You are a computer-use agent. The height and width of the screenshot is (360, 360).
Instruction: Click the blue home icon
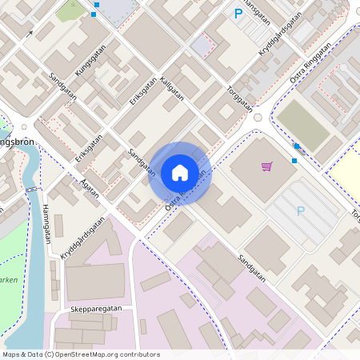coord(180,173)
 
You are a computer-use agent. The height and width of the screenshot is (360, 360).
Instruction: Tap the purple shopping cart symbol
coord(267,166)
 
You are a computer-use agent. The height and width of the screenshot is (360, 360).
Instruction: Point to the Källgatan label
coord(172,88)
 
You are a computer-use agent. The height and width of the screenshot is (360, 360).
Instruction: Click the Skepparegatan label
coord(95,307)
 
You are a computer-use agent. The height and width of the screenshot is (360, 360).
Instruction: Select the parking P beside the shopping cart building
coord(301,211)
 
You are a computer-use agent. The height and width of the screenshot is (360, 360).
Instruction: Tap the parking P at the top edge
coord(238,13)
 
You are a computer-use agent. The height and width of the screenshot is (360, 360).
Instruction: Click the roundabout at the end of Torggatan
coord(258,118)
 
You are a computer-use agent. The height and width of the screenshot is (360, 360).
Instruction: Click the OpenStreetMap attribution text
coord(81,354)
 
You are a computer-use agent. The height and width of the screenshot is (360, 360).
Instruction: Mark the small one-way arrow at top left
coord(30,34)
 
